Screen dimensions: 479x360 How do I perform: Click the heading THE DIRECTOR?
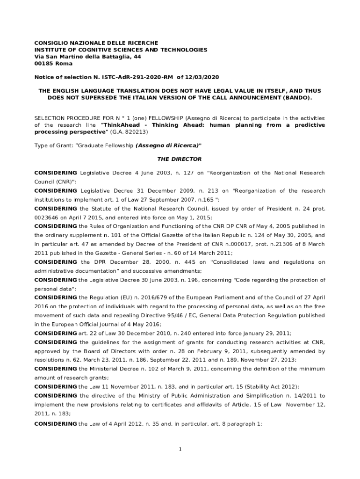(180, 159)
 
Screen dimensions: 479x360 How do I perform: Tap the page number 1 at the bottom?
(180, 450)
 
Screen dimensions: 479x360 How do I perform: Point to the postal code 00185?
(44, 64)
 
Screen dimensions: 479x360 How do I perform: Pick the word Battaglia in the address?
(105, 57)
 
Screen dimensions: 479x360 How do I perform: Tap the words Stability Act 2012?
(272, 386)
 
